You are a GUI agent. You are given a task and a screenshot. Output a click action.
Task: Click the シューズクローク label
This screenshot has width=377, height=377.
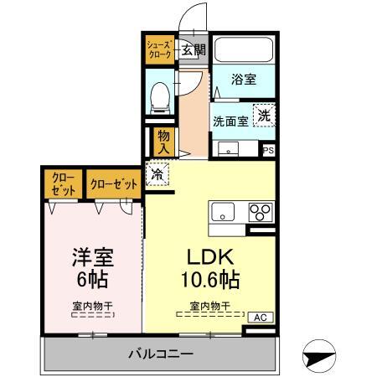click(158, 48)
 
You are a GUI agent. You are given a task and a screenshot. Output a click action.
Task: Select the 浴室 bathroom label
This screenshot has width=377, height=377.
click(243, 80)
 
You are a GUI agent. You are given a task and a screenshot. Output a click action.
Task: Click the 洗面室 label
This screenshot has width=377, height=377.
click(230, 121)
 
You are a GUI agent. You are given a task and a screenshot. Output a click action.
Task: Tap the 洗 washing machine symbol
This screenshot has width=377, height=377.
click(264, 116)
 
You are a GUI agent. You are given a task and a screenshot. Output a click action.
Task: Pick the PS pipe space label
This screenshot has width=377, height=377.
click(268, 150)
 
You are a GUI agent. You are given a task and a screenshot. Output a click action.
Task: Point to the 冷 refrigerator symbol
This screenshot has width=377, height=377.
click(158, 174)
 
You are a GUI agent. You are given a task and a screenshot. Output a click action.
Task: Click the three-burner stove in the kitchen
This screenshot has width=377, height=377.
click(261, 211)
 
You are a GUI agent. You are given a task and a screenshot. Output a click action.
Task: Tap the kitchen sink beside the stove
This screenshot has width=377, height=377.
click(223, 210)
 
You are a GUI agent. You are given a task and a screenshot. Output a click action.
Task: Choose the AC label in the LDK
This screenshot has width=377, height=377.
click(260, 317)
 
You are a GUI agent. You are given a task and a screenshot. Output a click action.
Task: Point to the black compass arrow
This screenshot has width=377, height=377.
click(323, 356)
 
